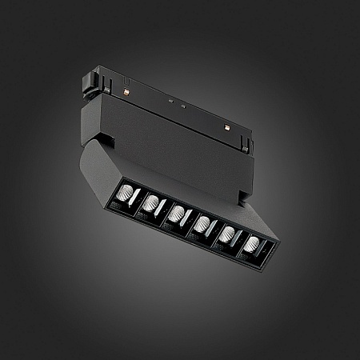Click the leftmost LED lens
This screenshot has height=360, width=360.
pos(125,194)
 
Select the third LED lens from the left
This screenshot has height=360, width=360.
pos(177,214)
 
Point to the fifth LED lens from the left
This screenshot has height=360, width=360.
pos(229,233)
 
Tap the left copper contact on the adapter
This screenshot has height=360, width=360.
pos(129,93)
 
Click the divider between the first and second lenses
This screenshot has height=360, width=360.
pos(137,200)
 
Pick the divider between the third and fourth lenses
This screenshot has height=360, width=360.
pos(190,219)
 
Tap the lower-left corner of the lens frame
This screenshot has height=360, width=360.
pos(110,206)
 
